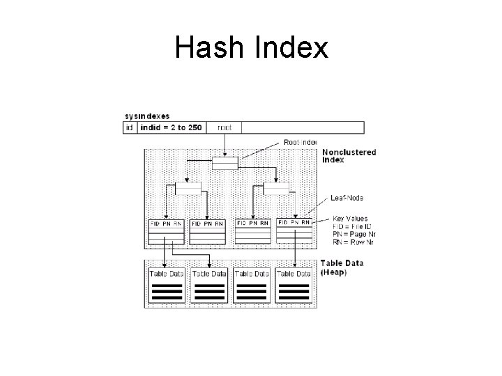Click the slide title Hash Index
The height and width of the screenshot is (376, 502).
[x=251, y=47]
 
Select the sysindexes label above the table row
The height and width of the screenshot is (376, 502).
[x=146, y=116]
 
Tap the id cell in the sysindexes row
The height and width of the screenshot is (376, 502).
[x=129, y=127]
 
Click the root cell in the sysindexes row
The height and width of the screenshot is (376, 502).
[x=225, y=127]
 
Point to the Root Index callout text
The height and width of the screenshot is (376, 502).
[x=301, y=141]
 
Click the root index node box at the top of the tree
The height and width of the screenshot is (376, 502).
[x=225, y=162]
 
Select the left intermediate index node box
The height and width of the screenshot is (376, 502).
[x=188, y=188]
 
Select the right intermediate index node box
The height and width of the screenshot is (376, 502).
[x=276, y=188]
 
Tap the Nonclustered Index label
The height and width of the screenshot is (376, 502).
[x=349, y=155]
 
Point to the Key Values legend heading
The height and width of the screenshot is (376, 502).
[x=350, y=218]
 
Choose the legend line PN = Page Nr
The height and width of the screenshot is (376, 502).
[x=354, y=234]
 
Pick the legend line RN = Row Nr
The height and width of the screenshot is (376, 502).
[x=353, y=242]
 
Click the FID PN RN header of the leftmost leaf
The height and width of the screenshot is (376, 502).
[x=166, y=224]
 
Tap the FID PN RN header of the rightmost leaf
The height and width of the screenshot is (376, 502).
[x=295, y=224]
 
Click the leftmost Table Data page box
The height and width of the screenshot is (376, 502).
[x=166, y=285]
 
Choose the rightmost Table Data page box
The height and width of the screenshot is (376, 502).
[x=295, y=285]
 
